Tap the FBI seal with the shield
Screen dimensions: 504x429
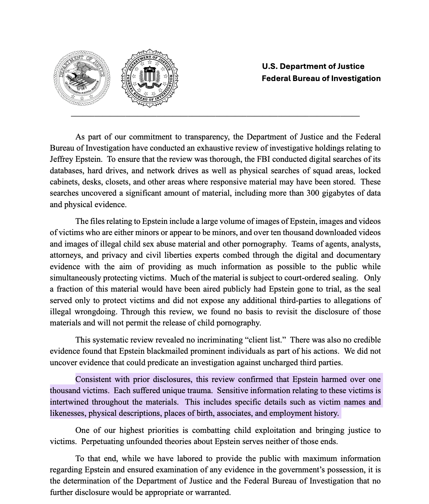(149, 78)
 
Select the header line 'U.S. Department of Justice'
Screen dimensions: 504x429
(313, 66)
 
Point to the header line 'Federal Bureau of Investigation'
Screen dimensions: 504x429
(321, 78)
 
